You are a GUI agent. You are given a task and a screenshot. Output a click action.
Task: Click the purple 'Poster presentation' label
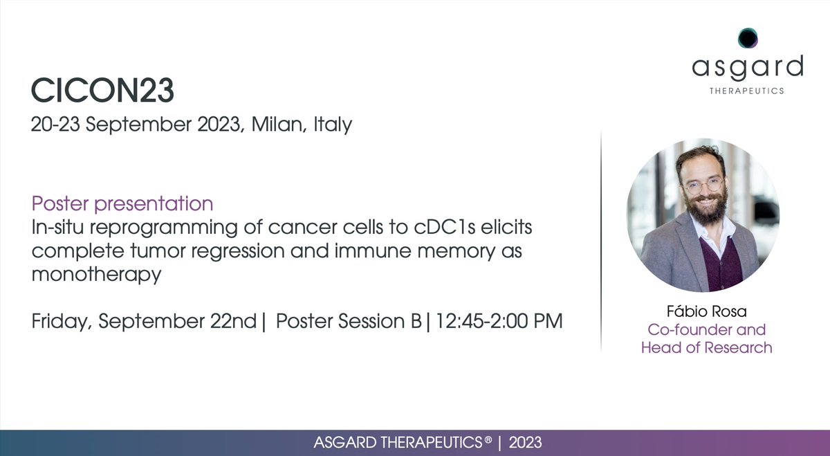coord(122,204)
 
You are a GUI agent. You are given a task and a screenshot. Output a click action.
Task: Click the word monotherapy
coord(96,274)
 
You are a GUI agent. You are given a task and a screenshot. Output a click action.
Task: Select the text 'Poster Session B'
coord(348,321)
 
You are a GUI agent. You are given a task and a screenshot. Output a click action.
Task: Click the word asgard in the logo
coord(748,67)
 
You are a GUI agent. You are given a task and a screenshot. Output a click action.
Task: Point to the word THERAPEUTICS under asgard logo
coord(748,91)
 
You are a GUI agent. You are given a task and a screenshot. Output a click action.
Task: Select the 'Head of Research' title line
coord(706,347)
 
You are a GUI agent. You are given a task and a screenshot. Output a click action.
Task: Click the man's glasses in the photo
coord(702,186)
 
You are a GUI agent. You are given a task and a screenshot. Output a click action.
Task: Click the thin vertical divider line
coord(601,242)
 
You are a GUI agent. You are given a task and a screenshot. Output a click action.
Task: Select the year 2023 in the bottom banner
coord(525,442)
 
